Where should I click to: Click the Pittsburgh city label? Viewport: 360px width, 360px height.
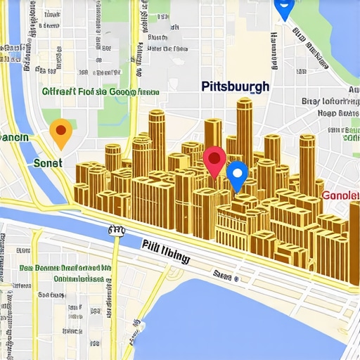coord(236,88)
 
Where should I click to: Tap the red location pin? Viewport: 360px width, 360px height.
coord(214,161)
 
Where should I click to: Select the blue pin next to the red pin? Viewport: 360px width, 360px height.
coord(238,174)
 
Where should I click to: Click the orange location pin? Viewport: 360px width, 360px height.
coord(61,132)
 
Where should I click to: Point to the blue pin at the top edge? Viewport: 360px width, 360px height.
coord(283,8)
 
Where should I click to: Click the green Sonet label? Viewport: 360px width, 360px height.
coord(48,162)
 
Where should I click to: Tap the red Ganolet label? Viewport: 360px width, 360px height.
coord(340,195)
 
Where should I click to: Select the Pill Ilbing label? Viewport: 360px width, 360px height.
coord(165,252)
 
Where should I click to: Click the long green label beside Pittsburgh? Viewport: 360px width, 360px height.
coord(100,91)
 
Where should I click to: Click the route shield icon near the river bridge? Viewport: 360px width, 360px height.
coord(116,230)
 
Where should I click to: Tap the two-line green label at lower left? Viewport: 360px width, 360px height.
coord(65,273)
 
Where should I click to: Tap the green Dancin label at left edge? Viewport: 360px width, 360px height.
coord(14,137)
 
